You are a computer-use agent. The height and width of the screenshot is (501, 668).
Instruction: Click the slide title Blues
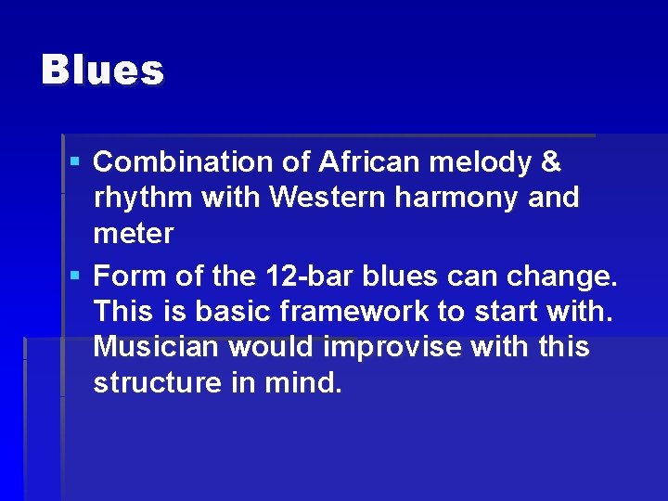tap(102, 70)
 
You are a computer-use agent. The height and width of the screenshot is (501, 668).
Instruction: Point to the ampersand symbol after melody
tap(550, 162)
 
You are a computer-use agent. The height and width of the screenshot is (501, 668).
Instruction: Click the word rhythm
tap(138, 198)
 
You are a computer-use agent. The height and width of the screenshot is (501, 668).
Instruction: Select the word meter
tap(133, 234)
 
